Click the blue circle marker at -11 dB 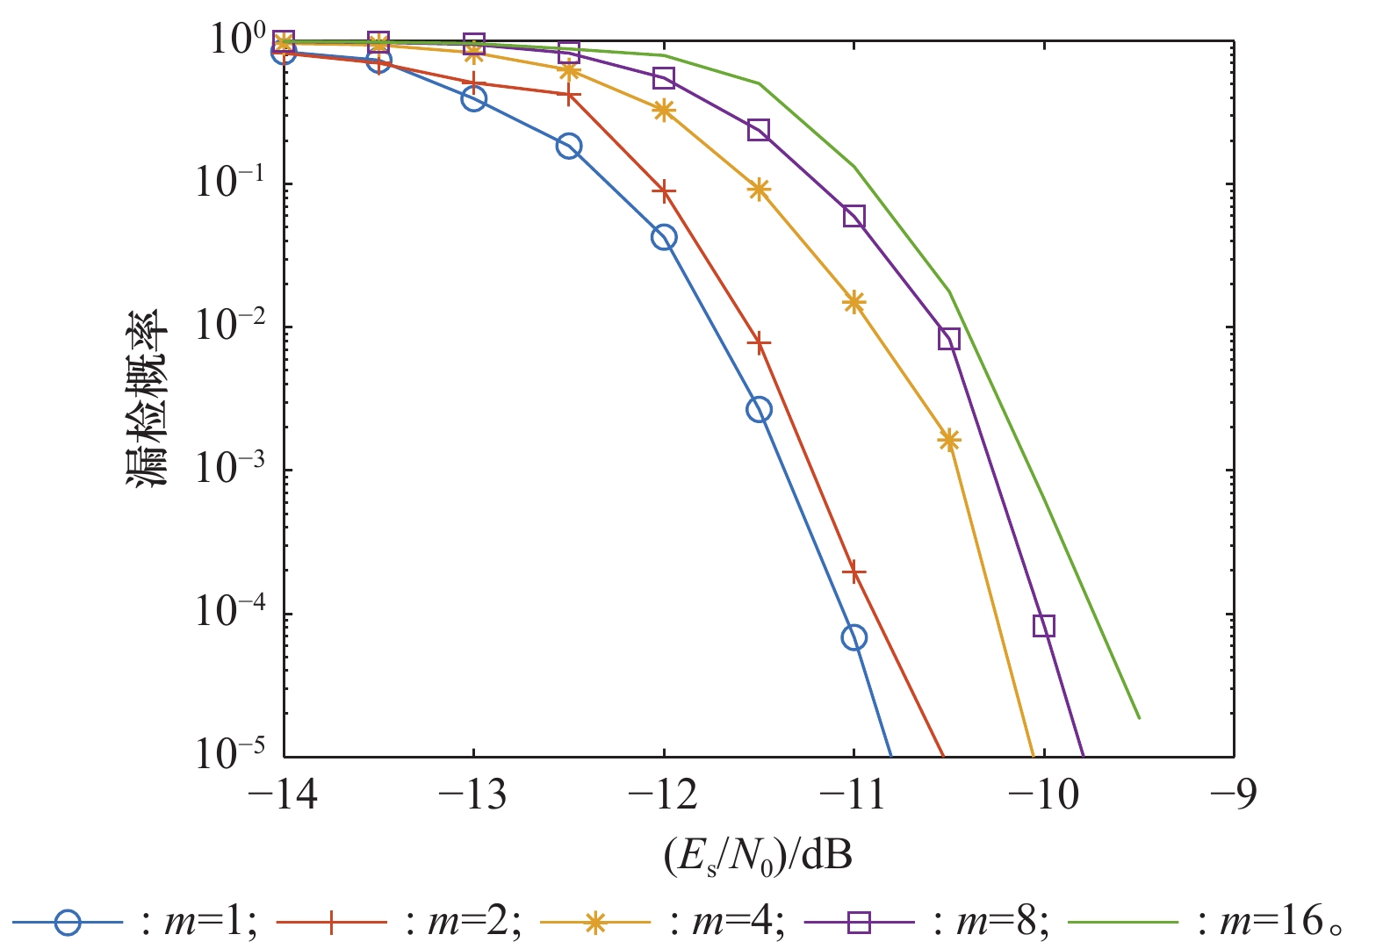(854, 637)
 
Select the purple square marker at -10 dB (1043, 626)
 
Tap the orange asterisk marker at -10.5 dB (948, 441)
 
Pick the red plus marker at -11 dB (854, 572)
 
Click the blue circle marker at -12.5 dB (569, 147)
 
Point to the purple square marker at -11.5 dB (759, 130)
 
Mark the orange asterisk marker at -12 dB (664, 111)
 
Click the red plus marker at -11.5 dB (759, 342)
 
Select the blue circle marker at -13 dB (474, 98)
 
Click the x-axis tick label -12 (663, 795)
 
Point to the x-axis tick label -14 (283, 795)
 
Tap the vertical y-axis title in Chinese (144, 398)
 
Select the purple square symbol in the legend (859, 923)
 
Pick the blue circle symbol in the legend (68, 923)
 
